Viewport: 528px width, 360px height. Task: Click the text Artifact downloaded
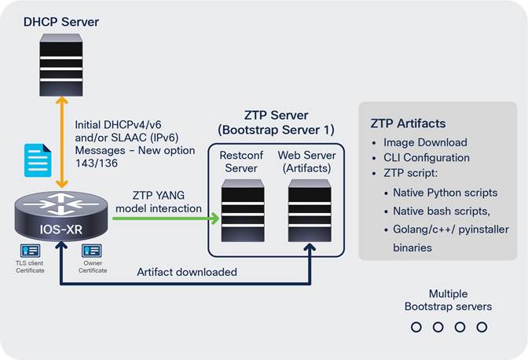tap(187, 272)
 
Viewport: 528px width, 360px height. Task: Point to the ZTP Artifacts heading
tap(408, 123)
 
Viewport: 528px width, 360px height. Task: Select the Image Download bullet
tap(424, 142)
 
